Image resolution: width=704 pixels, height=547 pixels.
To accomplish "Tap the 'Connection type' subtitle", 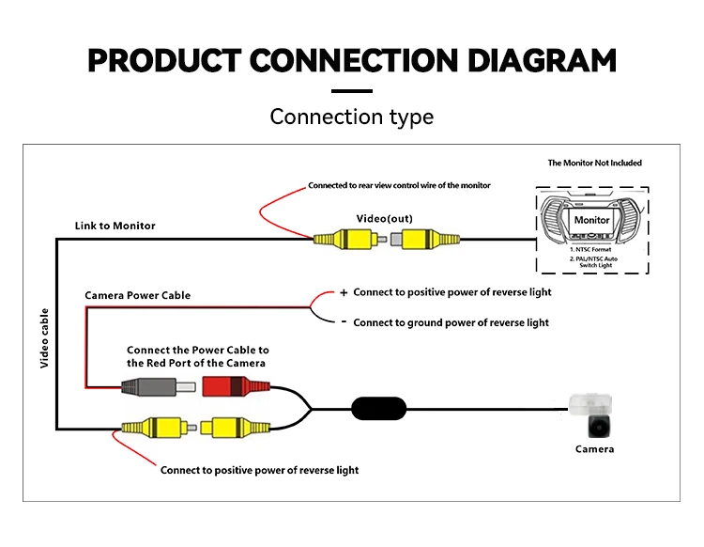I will [x=352, y=117].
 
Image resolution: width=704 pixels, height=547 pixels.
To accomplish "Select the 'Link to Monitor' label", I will [x=115, y=226].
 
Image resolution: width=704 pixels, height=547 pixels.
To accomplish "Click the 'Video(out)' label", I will [x=384, y=219].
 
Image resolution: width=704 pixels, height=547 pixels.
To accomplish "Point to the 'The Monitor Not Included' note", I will [x=595, y=163].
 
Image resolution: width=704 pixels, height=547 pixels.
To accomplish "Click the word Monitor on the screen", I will [x=591, y=220].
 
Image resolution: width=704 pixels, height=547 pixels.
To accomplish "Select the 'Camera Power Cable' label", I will [x=138, y=295].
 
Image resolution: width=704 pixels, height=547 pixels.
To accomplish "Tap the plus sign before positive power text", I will [x=344, y=292].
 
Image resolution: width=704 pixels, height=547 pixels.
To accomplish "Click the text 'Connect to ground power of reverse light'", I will [x=451, y=322].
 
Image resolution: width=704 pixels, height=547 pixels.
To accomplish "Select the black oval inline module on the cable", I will [x=379, y=408].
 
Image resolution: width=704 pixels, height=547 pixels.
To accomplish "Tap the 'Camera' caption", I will [x=594, y=449].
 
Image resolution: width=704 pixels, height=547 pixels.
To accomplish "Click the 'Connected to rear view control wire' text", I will [x=399, y=185].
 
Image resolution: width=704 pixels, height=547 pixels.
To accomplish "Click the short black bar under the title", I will [x=352, y=91].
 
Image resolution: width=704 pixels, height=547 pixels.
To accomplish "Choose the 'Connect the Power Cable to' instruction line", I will [x=198, y=350].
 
